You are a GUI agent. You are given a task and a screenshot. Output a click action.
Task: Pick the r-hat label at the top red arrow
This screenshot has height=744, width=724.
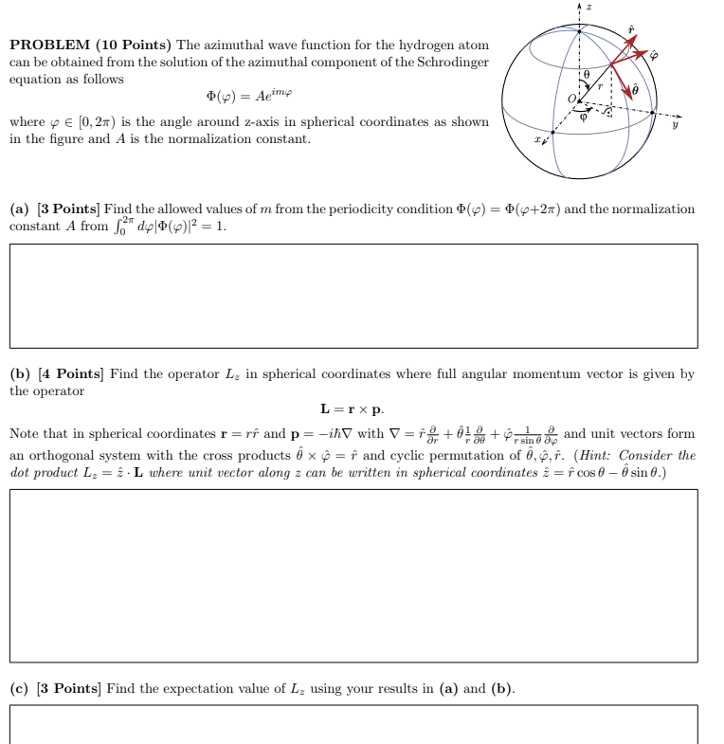[632, 29]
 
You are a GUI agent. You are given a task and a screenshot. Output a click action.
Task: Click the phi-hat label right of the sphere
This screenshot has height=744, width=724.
[653, 55]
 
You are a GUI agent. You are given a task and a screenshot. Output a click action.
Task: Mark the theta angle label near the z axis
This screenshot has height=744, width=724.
[588, 72]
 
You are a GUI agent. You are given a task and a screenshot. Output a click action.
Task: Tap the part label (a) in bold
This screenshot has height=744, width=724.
[19, 209]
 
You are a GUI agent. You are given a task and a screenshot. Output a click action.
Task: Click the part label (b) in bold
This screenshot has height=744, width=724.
[19, 374]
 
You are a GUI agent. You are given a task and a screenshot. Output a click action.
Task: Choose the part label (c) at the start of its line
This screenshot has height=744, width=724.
[19, 688]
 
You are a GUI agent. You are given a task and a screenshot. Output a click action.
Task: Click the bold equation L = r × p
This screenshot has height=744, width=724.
[352, 409]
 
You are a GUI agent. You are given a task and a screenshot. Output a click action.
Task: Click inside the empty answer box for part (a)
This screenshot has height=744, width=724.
[353, 295]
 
